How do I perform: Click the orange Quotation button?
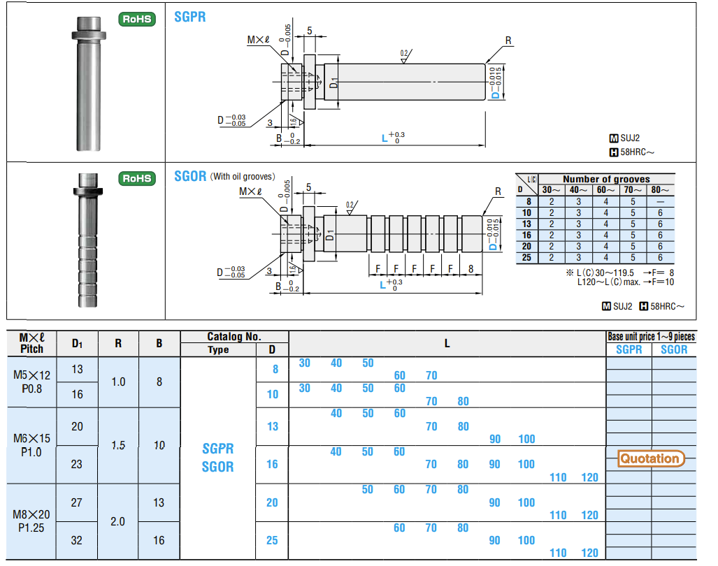651,458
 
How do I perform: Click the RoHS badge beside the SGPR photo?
137,19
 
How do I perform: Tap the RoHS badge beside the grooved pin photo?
137,178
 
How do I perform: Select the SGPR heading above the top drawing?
190,17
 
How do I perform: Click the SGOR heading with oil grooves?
190,176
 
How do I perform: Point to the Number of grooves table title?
606,179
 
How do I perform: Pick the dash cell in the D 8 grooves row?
660,201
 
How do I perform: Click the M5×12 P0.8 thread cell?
31,382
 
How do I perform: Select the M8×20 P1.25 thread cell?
31,521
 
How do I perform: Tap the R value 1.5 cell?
118,445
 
